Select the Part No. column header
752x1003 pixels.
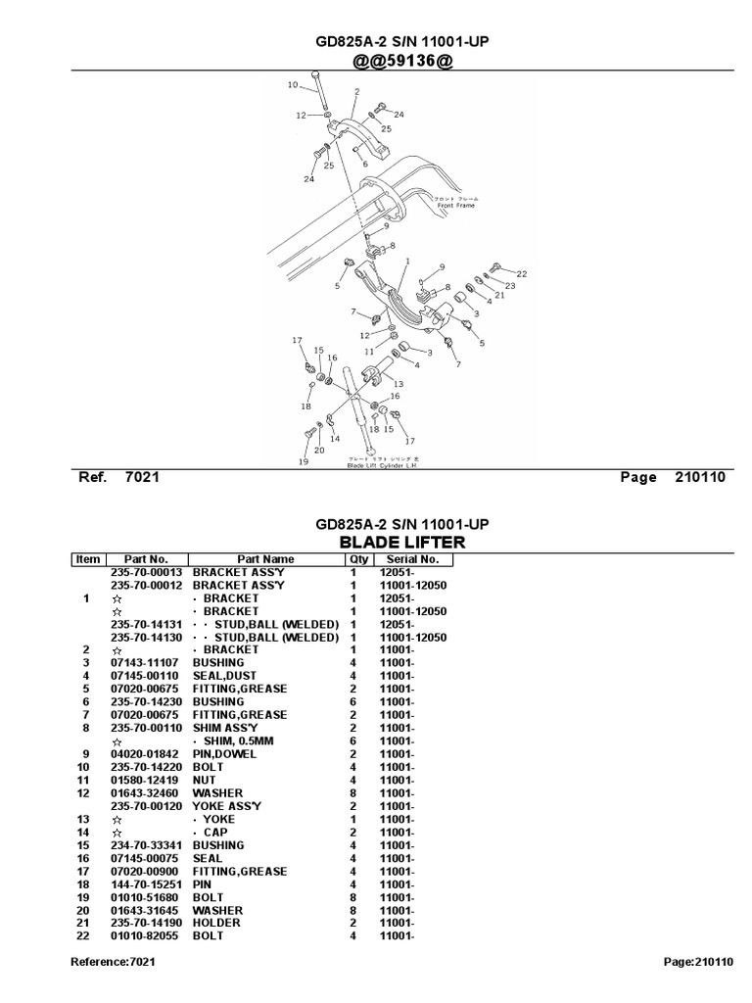[x=146, y=559]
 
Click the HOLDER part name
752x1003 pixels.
[x=217, y=923]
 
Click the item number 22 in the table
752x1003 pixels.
[x=87, y=935]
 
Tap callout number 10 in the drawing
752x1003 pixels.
[x=292, y=85]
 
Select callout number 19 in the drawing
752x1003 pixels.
[x=304, y=461]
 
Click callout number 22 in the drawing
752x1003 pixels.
[x=522, y=273]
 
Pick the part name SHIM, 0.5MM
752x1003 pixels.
[x=241, y=740]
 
